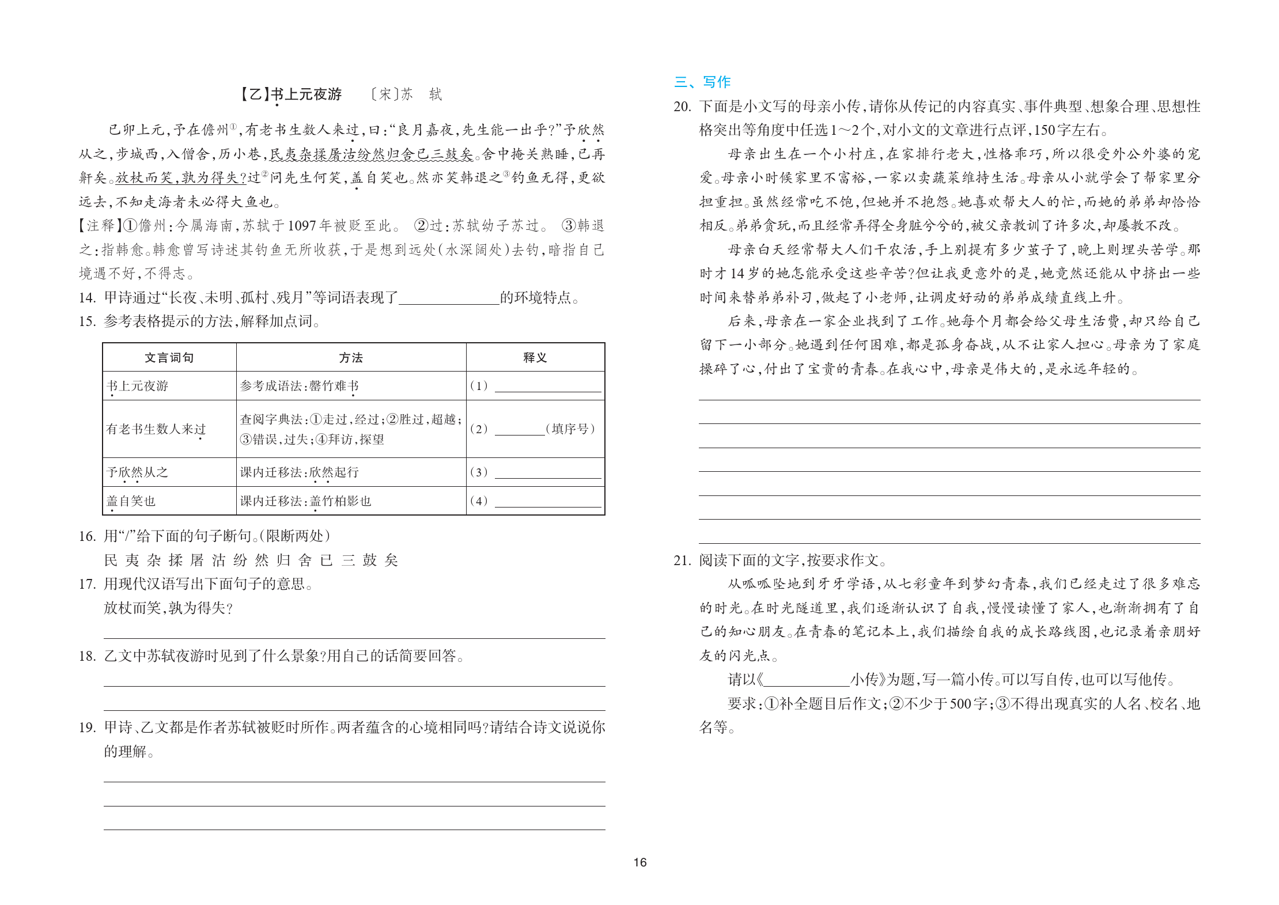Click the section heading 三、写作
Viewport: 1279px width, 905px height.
click(702, 82)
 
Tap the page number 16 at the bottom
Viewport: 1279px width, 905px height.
click(639, 862)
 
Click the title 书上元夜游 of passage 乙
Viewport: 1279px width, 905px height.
click(306, 94)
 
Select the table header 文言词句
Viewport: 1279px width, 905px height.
click(169, 358)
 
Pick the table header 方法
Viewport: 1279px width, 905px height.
click(351, 358)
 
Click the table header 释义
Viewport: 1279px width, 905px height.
click(535, 358)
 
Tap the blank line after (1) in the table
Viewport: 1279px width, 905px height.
click(547, 387)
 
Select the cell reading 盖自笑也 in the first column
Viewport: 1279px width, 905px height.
click(131, 501)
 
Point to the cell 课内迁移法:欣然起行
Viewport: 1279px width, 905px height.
click(300, 472)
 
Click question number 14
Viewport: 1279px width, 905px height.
click(87, 298)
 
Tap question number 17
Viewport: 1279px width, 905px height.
click(87, 584)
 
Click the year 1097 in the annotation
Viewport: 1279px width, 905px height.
click(301, 226)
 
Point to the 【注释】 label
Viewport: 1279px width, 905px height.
click(97, 226)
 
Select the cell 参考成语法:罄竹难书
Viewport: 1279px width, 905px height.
click(300, 386)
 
